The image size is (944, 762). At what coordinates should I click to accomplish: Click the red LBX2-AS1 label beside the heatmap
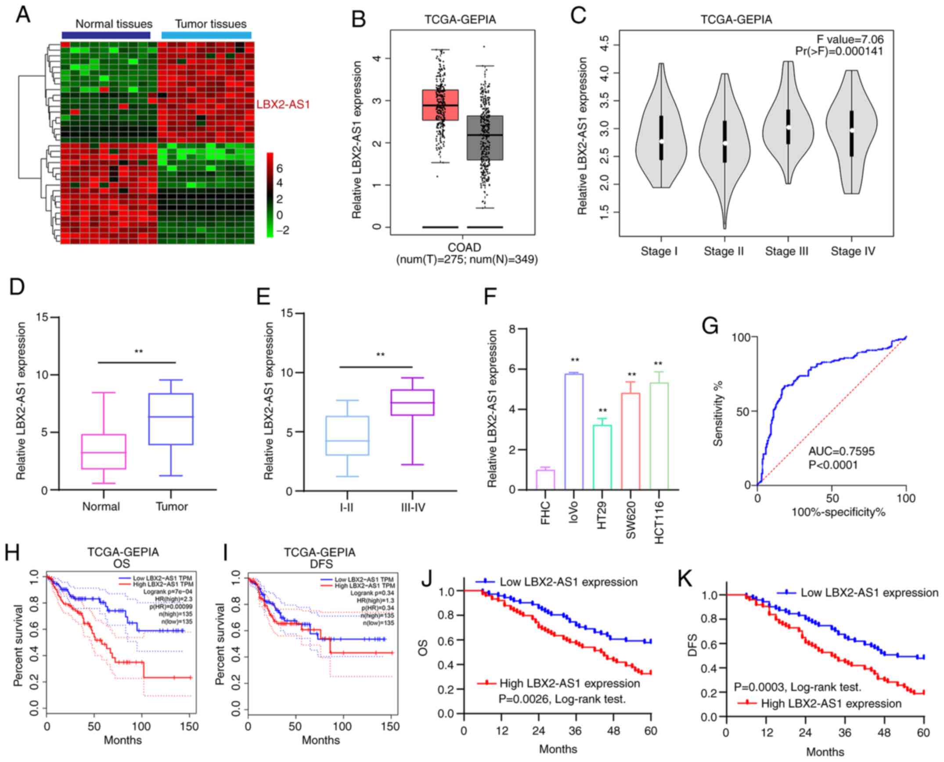(283, 105)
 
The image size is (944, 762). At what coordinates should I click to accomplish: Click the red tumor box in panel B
(440, 105)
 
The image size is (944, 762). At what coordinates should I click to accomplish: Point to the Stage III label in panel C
(786, 251)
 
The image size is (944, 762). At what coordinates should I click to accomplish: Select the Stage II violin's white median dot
(725, 143)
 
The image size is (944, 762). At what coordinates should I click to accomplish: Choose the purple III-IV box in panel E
(413, 402)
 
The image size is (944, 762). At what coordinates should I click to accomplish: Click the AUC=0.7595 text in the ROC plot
(841, 451)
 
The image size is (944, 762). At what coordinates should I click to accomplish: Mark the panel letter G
(710, 327)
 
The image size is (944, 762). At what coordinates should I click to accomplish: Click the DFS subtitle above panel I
(320, 564)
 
